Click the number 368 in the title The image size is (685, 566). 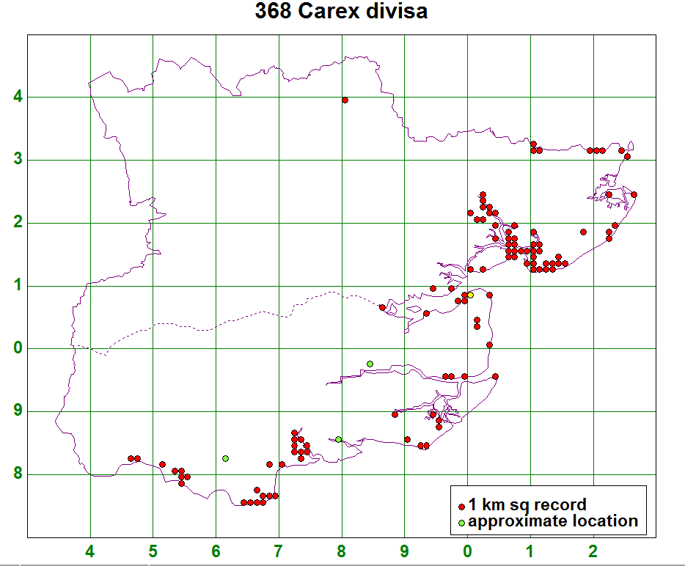[274, 12]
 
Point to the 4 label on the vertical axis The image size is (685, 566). [18, 98]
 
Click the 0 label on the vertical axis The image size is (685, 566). [18, 349]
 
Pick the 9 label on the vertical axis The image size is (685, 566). [18, 412]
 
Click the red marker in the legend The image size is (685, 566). [461, 507]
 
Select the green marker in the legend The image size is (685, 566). [461, 523]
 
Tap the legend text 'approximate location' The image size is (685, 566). [553, 522]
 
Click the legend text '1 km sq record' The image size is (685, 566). [527, 505]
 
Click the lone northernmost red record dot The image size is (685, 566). [345, 100]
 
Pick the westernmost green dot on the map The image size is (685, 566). [225, 458]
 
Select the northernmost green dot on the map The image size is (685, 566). [370, 364]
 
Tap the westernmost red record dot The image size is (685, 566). [131, 458]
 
